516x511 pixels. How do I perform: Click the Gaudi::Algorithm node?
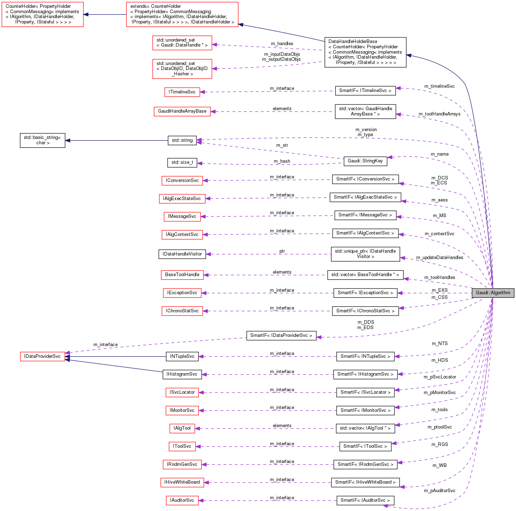[493, 293]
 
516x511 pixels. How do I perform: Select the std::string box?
[182, 140]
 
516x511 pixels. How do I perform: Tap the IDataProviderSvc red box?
[42, 356]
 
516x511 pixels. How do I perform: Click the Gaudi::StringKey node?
[365, 161]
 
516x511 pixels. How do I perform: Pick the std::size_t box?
[182, 162]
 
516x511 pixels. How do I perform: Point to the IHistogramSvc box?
[182, 374]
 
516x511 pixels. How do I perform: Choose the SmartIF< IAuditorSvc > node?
[365, 500]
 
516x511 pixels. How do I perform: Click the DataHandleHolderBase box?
[365, 52]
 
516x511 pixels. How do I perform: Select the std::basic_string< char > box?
[42, 140]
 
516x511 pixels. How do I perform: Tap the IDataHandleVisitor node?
[182, 254]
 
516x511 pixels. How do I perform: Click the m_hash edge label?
[282, 161]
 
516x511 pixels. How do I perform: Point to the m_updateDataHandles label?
[440, 258]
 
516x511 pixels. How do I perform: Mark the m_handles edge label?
[282, 44]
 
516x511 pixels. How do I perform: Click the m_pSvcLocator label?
[440, 377]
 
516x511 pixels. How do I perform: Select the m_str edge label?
[282, 145]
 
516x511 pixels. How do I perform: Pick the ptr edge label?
[282, 251]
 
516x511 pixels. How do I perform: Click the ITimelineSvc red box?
[182, 92]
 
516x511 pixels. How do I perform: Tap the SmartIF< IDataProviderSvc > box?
[281, 335]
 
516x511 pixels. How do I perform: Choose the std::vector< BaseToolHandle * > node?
[365, 275]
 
